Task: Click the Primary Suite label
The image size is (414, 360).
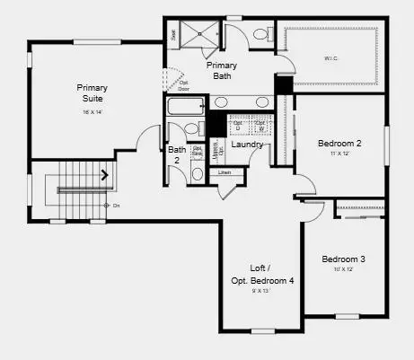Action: (x=92, y=92)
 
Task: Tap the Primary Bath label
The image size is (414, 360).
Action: (x=222, y=71)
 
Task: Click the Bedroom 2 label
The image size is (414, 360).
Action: (x=339, y=144)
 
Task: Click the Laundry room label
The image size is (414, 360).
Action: (x=247, y=145)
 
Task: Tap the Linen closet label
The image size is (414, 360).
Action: (x=225, y=171)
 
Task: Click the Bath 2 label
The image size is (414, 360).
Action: (x=177, y=155)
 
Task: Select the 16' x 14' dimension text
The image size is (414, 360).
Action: (x=92, y=111)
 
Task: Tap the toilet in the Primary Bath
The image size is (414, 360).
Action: (x=260, y=35)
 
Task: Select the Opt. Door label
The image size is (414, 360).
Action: (x=184, y=87)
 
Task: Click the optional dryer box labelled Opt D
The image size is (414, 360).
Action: (x=238, y=125)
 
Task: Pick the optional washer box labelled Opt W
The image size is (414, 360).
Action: (x=260, y=125)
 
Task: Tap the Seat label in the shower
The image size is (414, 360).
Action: (x=173, y=33)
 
